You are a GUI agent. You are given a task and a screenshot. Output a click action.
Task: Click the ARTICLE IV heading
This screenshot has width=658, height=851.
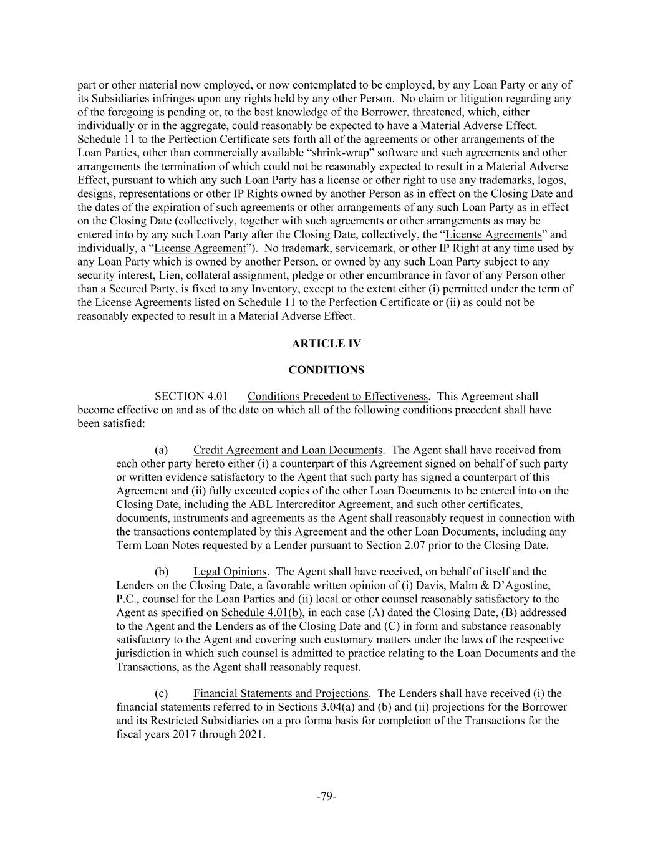click(326, 344)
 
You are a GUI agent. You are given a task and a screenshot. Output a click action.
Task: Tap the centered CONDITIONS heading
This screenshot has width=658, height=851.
click(326, 370)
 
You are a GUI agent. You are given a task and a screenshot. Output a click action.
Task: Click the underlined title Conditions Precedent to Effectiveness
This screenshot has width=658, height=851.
click(337, 397)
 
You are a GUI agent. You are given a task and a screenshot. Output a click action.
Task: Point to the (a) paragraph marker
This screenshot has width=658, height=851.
click(161, 450)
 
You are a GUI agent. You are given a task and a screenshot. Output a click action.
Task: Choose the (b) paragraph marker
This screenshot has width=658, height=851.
click(162, 572)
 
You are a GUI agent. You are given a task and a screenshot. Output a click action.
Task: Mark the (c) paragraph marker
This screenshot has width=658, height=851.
click(161, 693)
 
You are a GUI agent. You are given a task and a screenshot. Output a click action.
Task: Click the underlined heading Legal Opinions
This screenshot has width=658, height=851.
click(230, 572)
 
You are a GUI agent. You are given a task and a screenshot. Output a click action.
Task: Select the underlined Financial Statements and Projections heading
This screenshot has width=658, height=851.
click(281, 693)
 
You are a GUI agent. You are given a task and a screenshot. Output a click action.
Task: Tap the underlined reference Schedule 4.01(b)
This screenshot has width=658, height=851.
click(262, 612)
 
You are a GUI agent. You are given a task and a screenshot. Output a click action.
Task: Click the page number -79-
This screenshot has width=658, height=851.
click(326, 796)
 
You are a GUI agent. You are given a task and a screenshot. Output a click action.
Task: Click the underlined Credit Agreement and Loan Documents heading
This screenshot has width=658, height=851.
click(288, 450)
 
